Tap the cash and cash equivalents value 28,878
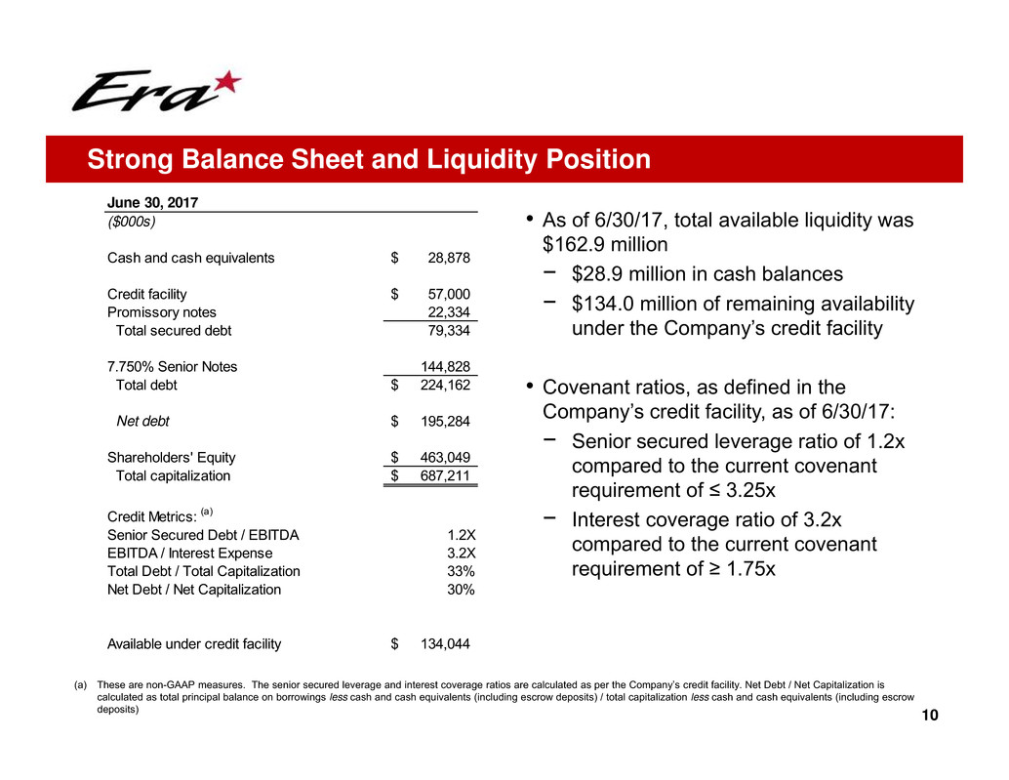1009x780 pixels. pyautogui.click(x=449, y=259)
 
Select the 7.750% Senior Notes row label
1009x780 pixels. pyautogui.click(x=172, y=366)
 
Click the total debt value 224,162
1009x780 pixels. pyautogui.click(x=445, y=385)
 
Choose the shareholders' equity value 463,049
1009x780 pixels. pyautogui.click(x=445, y=457)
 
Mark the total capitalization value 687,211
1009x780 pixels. pyautogui.click(x=445, y=476)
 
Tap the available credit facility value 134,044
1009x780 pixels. pyautogui.click(x=445, y=643)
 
